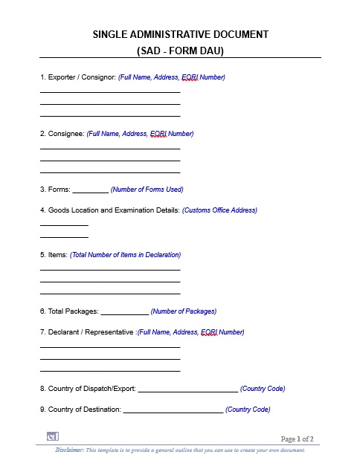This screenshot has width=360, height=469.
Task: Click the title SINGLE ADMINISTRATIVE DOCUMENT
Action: pyautogui.click(x=180, y=34)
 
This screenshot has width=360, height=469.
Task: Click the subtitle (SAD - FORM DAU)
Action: pyautogui.click(x=180, y=51)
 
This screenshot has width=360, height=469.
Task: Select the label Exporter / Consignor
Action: pyautogui.click(x=77, y=77)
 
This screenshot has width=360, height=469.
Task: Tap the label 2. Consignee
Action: pyautogui.click(x=62, y=134)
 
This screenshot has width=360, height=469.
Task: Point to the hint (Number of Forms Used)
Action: pyautogui.click(x=147, y=190)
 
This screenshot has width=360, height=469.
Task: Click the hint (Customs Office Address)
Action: pyautogui.click(x=219, y=210)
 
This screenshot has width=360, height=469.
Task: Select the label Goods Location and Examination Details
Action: pyautogui.click(x=109, y=210)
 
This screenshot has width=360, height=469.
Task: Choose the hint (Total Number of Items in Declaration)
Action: pyautogui.click(x=125, y=255)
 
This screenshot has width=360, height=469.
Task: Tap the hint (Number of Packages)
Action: pyautogui.click(x=184, y=311)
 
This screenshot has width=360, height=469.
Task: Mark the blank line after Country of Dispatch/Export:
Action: pyautogui.click(x=188, y=389)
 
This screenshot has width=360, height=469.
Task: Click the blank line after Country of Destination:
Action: pyautogui.click(x=173, y=410)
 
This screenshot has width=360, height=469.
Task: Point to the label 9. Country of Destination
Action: pyautogui.click(x=80, y=410)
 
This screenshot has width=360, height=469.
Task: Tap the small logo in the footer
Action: pyautogui.click(x=53, y=436)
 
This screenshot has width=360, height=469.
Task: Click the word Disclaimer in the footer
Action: pyautogui.click(x=68, y=450)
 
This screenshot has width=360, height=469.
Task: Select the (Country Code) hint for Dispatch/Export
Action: pyautogui.click(x=263, y=389)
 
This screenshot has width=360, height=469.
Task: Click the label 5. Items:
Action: pyautogui.click(x=54, y=255)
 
